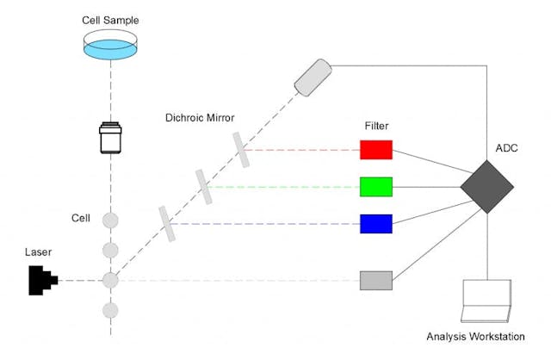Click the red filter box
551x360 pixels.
point(376,150)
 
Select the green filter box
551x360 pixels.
point(376,186)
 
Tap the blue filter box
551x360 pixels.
point(376,224)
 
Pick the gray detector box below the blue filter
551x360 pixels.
point(376,280)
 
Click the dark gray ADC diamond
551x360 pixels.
point(486,187)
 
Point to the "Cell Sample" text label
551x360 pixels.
point(110,18)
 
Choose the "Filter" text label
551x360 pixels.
point(377,126)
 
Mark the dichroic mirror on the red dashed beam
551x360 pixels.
point(239,150)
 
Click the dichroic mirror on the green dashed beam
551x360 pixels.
point(203,187)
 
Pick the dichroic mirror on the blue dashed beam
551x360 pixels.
point(167,224)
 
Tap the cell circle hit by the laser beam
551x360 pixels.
point(110,280)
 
